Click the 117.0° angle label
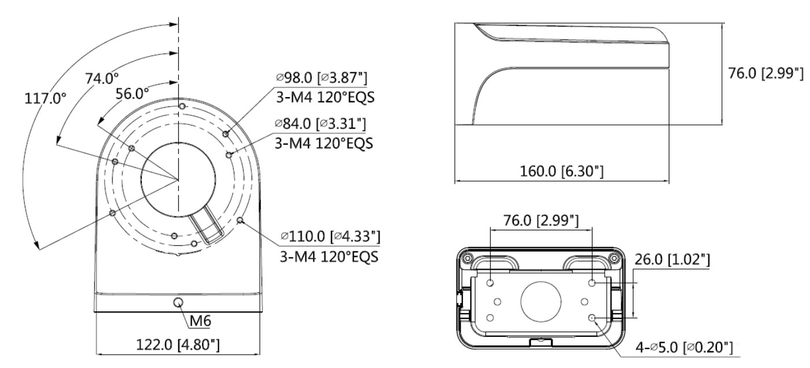coord(45,98)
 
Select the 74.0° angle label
coord(102,78)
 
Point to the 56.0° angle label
coord(132,94)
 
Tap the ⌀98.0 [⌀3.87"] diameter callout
coord(322,78)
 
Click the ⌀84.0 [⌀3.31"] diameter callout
coord(321,124)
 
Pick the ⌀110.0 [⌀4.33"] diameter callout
coord(330,237)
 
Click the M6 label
coord(200,321)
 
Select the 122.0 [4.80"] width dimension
coord(178,345)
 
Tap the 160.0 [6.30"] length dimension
coord(562,171)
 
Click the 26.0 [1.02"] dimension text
coord(672,260)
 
